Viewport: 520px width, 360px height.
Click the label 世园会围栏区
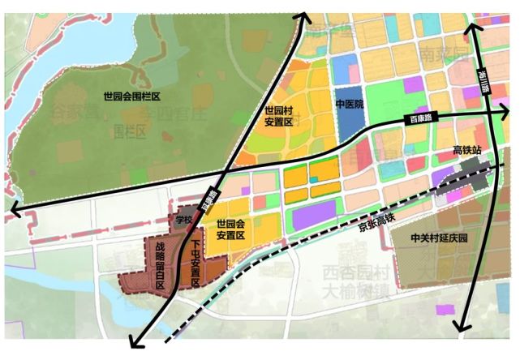point(133,96)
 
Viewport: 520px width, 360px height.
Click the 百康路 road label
point(419,119)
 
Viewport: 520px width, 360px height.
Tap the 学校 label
point(184,220)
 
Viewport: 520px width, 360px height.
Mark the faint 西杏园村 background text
point(351,272)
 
